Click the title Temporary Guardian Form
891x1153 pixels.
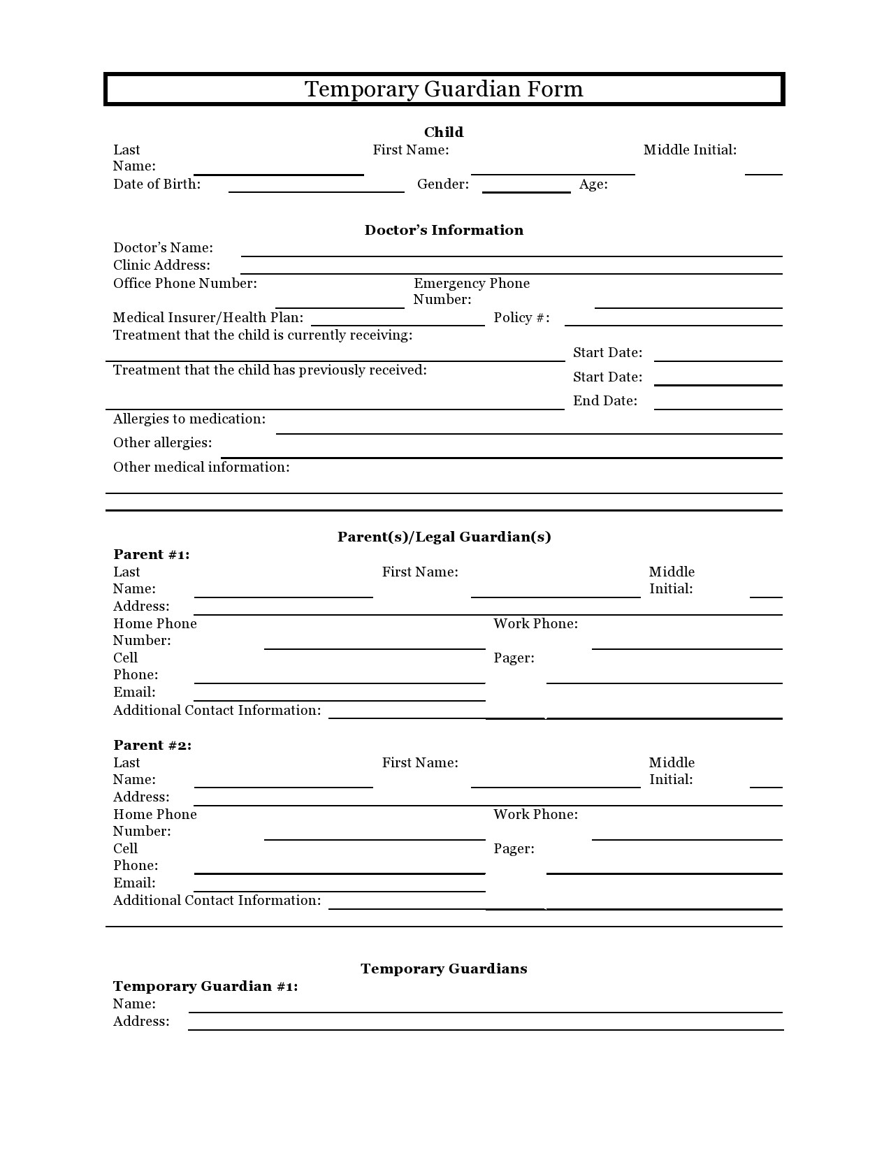click(x=444, y=89)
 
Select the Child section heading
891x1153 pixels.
click(x=444, y=132)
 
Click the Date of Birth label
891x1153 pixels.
click(x=157, y=184)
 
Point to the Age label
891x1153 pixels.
click(x=593, y=184)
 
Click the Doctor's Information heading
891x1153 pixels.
click(x=444, y=230)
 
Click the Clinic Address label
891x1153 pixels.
click(x=161, y=266)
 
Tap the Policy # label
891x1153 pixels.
click(x=521, y=318)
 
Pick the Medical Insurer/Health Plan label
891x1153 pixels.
click(x=208, y=318)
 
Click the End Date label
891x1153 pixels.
click(x=605, y=401)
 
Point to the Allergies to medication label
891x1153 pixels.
click(x=189, y=419)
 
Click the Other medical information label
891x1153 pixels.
click(x=201, y=467)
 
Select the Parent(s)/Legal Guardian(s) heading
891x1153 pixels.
click(x=444, y=537)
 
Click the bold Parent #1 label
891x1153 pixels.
click(x=152, y=555)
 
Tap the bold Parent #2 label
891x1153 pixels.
click(x=152, y=746)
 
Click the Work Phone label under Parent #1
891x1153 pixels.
click(x=535, y=624)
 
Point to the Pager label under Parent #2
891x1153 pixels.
click(x=514, y=849)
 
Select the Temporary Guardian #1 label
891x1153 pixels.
click(x=205, y=987)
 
